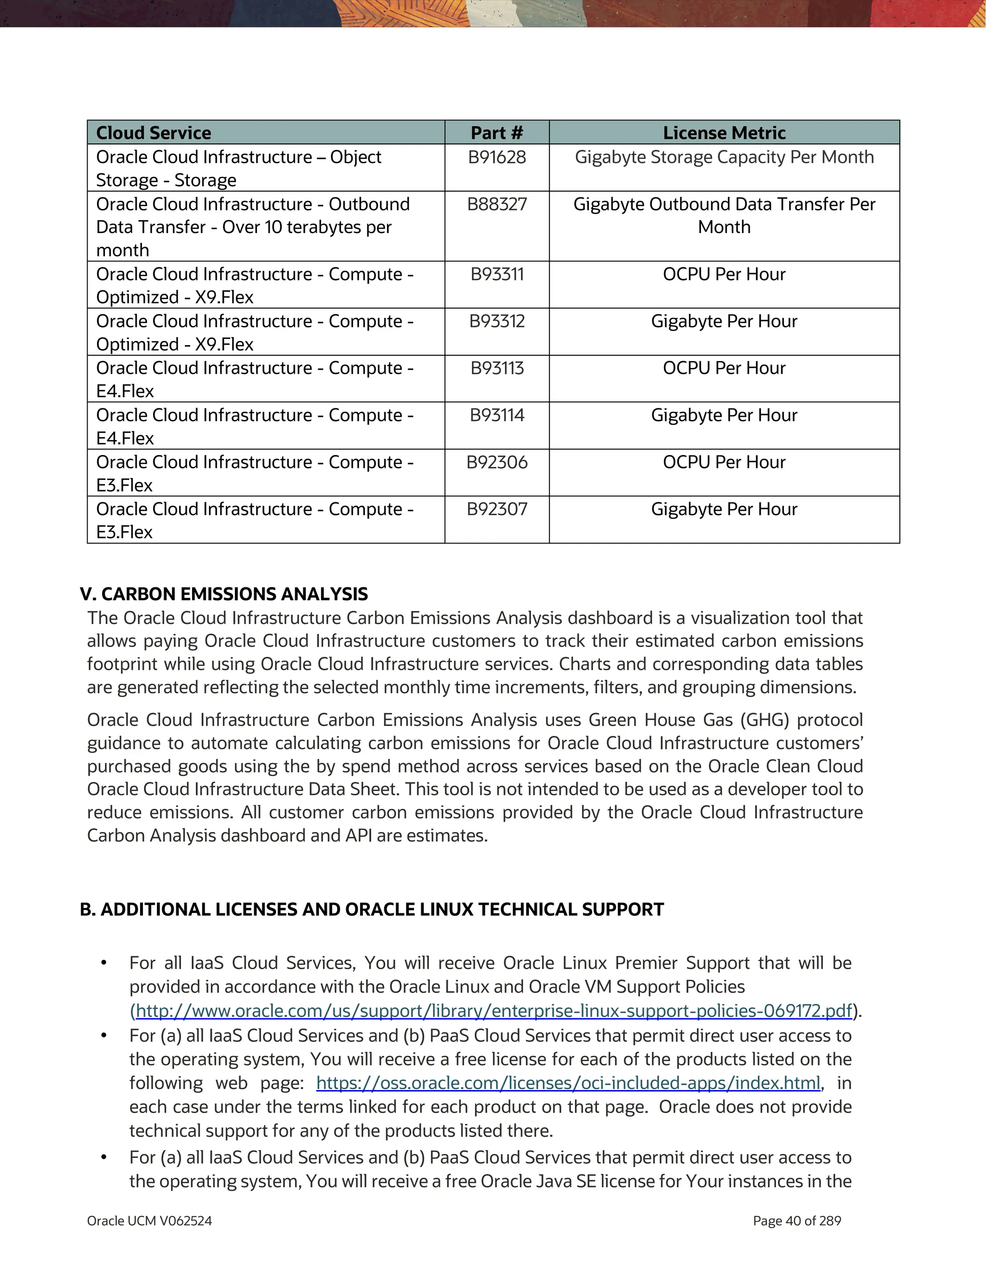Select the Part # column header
point(496,133)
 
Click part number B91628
point(496,157)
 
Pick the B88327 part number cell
point(496,205)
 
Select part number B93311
point(496,274)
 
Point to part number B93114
point(496,416)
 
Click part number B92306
point(496,463)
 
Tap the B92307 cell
point(496,509)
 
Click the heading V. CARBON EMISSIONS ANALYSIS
point(224,594)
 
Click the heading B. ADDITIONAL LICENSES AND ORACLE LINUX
point(371,910)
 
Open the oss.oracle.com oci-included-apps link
point(568,1083)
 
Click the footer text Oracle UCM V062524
point(149,1221)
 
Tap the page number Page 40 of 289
point(797,1221)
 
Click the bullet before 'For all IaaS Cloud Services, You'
point(104,963)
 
